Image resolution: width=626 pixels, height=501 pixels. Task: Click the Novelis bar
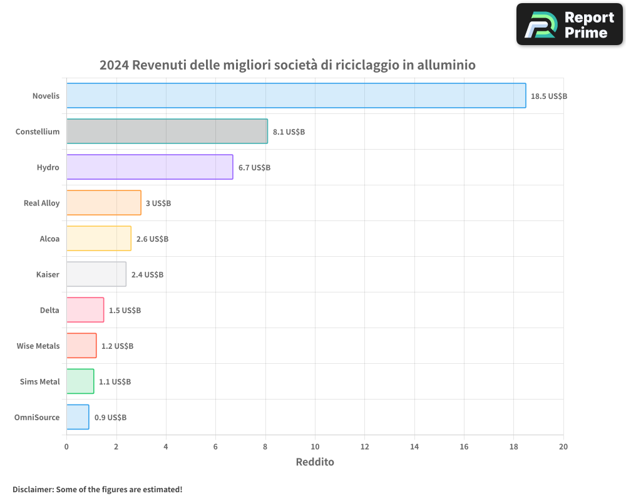tap(295, 95)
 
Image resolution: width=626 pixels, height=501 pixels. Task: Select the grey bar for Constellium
tap(167, 131)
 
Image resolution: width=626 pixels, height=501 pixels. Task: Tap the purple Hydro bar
tap(150, 167)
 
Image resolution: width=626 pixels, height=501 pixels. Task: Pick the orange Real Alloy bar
tap(103, 203)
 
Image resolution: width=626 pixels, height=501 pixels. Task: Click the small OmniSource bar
tap(78, 417)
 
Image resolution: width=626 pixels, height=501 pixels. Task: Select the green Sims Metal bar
tap(80, 381)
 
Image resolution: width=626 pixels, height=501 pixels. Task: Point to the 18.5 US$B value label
tap(548, 96)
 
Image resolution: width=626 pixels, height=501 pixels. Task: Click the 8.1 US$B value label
tap(289, 132)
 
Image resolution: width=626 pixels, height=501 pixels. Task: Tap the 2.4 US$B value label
tap(147, 274)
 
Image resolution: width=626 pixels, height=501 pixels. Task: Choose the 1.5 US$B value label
tap(125, 310)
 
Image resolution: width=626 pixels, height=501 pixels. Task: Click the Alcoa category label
tap(49, 239)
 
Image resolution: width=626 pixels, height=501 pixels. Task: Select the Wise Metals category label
tap(38, 346)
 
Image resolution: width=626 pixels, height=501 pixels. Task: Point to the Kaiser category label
tap(48, 274)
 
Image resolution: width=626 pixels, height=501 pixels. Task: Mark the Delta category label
tap(49, 310)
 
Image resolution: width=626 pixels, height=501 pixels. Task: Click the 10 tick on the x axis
tap(315, 447)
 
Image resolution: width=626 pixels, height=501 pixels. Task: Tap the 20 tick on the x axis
tap(563, 447)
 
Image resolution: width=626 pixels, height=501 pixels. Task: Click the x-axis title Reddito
tap(315, 462)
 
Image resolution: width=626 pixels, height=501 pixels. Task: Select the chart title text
tap(287, 65)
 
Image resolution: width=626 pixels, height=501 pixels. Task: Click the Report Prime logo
tap(569, 24)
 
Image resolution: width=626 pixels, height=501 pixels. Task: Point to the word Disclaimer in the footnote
tap(33, 489)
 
